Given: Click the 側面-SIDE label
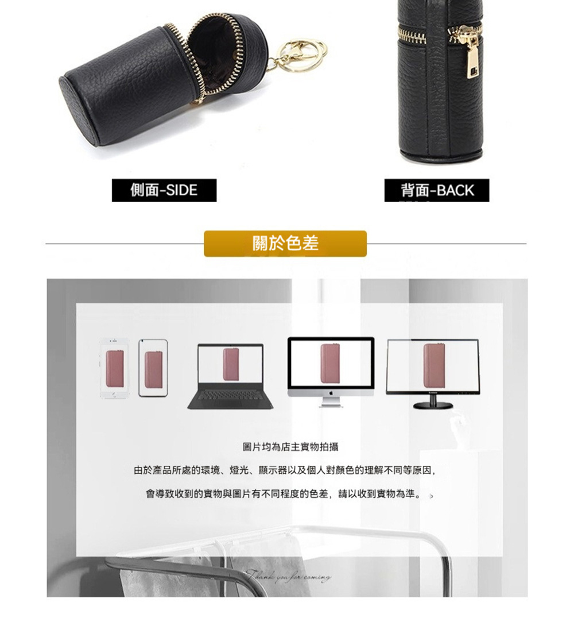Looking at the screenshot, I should [x=164, y=190].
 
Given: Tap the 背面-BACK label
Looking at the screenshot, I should [x=437, y=191].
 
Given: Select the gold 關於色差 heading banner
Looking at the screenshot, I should [x=285, y=244].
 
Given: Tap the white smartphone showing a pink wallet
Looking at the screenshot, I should [x=115, y=368].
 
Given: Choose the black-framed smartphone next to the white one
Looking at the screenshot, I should [x=153, y=368].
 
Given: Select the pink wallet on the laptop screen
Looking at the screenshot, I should [x=230, y=364].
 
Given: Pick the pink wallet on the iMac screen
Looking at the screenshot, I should [x=330, y=363].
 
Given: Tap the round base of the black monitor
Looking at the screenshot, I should [x=433, y=406].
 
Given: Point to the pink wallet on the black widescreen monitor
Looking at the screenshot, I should [x=432, y=365].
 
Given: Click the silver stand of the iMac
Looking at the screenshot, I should [x=331, y=403].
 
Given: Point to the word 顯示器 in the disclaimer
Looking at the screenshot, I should [x=272, y=470].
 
